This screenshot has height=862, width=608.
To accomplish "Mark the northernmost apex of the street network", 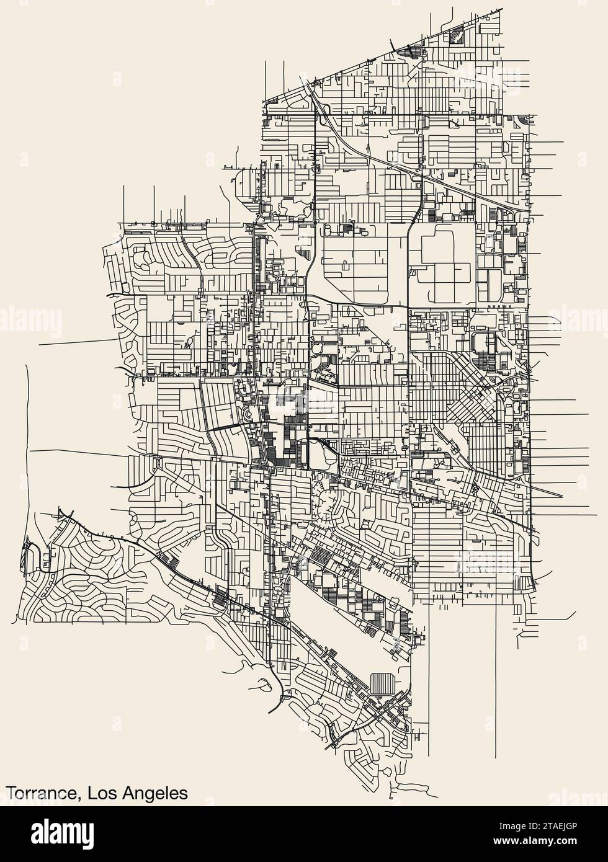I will (x=501, y=9).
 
